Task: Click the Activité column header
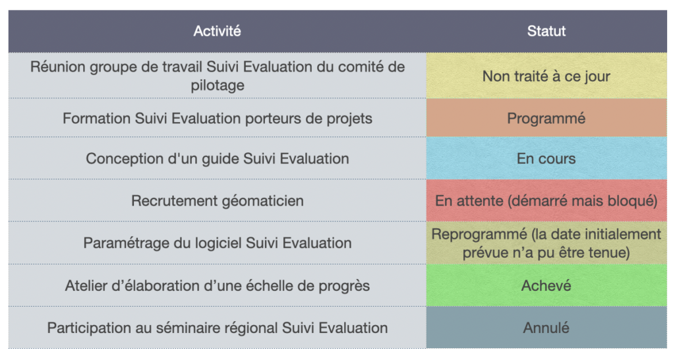point(217,31)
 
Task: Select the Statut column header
point(546,31)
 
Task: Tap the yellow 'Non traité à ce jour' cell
point(546,76)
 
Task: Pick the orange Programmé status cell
point(546,118)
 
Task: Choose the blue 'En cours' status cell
point(546,158)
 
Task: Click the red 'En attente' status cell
point(546,200)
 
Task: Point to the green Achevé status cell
point(546,285)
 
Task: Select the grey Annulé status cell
point(546,328)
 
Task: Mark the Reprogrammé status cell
point(546,243)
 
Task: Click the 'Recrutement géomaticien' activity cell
point(217,200)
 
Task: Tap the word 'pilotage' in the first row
point(218,86)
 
